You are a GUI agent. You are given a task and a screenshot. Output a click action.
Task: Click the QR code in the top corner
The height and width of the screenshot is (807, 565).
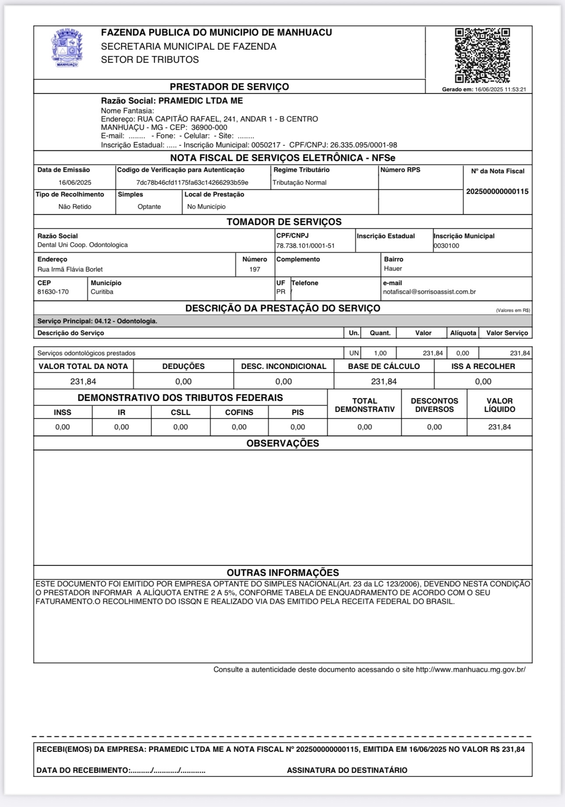482,55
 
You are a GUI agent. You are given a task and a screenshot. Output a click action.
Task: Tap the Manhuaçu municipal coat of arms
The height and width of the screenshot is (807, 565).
67,47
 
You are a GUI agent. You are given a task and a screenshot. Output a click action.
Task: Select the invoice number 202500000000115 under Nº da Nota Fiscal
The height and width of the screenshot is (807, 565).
497,192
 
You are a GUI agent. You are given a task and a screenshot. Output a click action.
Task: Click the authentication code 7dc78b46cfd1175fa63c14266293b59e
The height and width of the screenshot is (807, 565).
192,182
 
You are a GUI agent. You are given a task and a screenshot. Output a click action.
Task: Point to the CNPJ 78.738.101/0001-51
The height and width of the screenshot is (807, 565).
305,246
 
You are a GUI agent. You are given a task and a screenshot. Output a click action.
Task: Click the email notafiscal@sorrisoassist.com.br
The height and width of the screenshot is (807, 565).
429,292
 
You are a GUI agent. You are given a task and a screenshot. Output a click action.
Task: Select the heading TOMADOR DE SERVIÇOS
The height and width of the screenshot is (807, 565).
284,222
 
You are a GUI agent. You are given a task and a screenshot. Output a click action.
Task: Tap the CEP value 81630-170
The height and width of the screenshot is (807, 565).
53,292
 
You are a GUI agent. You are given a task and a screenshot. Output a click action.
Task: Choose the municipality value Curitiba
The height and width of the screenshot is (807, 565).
102,292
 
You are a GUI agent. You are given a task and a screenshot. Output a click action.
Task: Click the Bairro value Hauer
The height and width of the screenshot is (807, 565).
393,268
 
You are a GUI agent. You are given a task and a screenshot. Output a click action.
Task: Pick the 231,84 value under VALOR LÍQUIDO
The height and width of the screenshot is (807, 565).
499,427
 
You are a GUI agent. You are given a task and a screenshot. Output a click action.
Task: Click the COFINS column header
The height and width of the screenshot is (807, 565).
239,412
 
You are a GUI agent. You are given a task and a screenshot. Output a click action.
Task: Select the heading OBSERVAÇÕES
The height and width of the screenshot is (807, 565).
282,443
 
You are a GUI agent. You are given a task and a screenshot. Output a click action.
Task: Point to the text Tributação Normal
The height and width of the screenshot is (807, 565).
300,182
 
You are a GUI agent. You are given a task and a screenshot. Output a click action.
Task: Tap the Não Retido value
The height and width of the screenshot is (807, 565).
75,207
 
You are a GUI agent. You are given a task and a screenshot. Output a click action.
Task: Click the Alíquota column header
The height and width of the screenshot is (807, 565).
463,333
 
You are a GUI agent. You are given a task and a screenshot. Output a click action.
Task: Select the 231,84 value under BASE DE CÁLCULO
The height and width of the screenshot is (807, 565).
384,382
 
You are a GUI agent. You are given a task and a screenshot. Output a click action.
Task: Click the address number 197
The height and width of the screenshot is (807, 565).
255,269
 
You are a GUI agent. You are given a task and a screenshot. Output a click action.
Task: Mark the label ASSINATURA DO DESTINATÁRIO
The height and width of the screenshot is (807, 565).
347,770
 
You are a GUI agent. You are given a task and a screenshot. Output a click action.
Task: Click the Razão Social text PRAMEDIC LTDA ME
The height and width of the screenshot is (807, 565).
201,101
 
